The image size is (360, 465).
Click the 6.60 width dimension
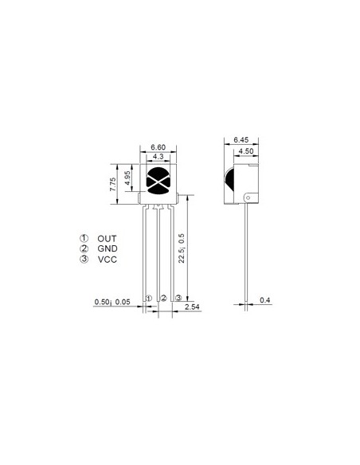coord(158,148)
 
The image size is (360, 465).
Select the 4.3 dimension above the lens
coord(158,158)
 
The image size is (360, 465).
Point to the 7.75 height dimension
coord(113,184)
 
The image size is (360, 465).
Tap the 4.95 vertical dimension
coord(127,175)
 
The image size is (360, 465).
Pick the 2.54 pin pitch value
coord(192,306)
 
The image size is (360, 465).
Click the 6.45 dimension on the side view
coord(241,140)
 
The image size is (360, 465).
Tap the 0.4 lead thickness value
coord(265,300)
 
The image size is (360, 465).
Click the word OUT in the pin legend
coord(107,238)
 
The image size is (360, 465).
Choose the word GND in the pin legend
coord(108,249)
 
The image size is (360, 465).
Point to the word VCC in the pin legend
coord(108,260)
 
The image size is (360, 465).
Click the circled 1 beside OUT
coord(84,238)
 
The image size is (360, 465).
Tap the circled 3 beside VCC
coord(84,260)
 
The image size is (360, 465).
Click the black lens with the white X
coord(158,181)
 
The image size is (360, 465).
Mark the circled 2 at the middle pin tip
coord(163,298)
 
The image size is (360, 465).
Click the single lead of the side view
coord(248,255)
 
